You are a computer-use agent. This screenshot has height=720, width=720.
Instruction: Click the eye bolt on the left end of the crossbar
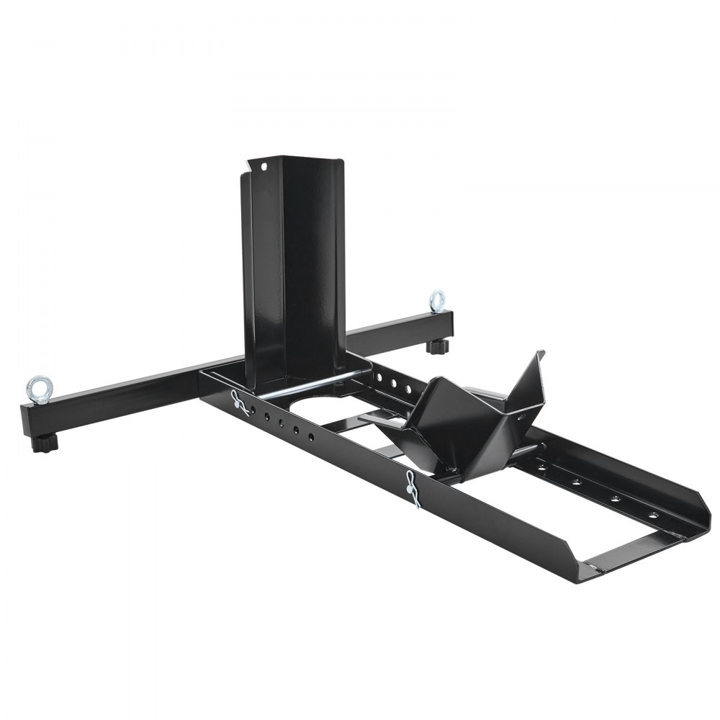[35, 387]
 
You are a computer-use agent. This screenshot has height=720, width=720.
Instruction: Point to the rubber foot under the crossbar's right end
[436, 346]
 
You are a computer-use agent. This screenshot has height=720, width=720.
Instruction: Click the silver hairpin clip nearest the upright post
[240, 403]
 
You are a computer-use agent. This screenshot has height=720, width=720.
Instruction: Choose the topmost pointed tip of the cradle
[542, 354]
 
